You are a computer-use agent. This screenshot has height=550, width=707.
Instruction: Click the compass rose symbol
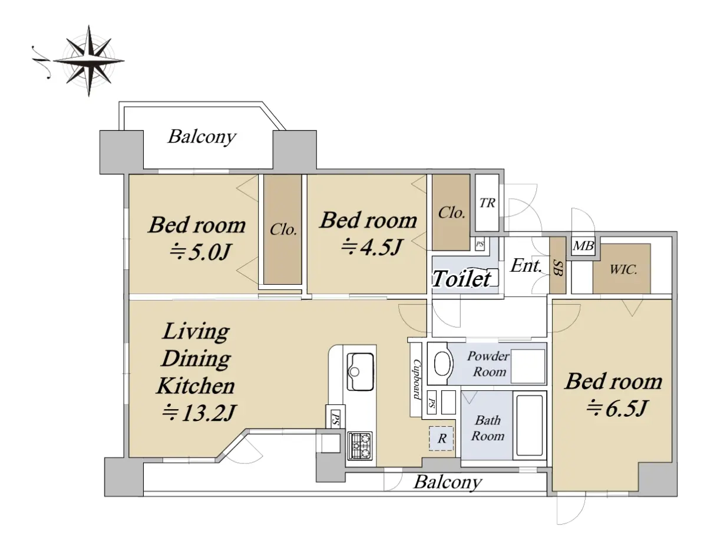coord(88,61)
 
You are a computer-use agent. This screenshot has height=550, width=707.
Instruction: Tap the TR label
coord(487,203)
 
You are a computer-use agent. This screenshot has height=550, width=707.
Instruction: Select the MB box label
coord(584,246)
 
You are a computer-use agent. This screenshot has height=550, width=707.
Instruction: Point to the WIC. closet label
coord(623,269)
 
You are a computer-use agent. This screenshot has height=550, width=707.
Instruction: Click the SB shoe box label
coord(558,267)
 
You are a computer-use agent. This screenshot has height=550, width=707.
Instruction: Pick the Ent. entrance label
coord(526,265)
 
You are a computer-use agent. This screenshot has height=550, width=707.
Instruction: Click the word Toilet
coord(461,279)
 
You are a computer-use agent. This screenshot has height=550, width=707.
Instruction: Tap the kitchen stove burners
coord(360,445)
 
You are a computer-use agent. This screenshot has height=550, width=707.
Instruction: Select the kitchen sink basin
coord(360,371)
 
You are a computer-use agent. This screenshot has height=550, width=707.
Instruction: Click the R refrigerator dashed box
coord(441,439)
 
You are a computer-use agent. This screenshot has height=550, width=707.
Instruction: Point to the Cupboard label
coord(417,379)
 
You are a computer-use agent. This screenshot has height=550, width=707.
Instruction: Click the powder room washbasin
coord(442,364)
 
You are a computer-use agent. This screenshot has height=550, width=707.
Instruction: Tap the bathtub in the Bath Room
coord(529,426)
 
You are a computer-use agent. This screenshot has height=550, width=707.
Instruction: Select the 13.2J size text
coord(199,413)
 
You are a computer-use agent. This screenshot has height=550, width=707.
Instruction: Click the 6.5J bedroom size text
coord(617,408)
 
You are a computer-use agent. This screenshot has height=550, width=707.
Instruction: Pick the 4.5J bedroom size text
coord(372,246)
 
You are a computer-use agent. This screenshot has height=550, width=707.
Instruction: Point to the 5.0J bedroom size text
coord(200,252)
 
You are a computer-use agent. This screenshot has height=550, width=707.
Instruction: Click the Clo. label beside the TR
coord(451,213)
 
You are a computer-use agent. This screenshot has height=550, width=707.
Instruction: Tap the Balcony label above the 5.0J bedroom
coord(202,137)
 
